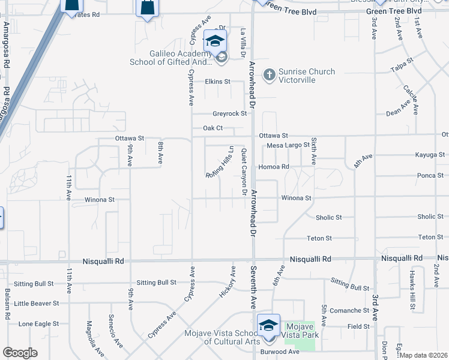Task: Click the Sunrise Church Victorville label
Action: tap(306, 76)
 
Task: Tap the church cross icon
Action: tap(270, 75)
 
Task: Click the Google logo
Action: tap(20, 353)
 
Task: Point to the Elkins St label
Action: tap(217, 82)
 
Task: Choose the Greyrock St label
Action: tap(230, 113)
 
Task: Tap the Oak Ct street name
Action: tap(212, 128)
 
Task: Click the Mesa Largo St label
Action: tap(288, 145)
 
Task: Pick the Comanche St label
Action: tap(349, 311)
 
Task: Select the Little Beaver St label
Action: tap(37, 304)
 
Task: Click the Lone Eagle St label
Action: tap(38, 323)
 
